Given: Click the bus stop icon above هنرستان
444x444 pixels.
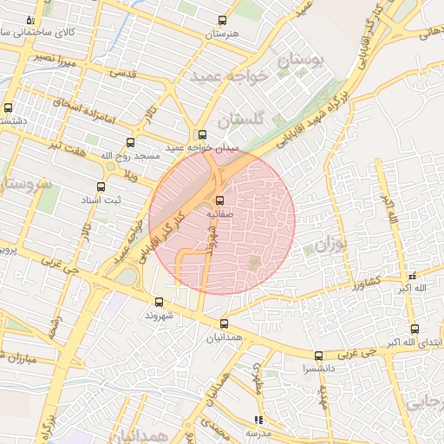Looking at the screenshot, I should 222,20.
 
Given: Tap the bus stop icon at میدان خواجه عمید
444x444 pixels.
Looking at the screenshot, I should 202,134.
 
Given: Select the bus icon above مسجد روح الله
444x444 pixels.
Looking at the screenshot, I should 131,142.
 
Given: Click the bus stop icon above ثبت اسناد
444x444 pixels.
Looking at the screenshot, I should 101,186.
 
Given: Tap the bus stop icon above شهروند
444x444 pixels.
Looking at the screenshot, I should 159,302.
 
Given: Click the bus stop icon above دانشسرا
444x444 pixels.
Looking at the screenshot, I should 318,355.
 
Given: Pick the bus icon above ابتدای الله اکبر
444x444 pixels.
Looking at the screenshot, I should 415,329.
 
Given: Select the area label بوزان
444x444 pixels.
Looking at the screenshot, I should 330,245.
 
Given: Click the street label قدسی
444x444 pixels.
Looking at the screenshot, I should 121,75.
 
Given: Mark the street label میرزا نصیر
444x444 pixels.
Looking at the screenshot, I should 55,58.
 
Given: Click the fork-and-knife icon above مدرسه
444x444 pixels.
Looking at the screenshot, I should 258,419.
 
